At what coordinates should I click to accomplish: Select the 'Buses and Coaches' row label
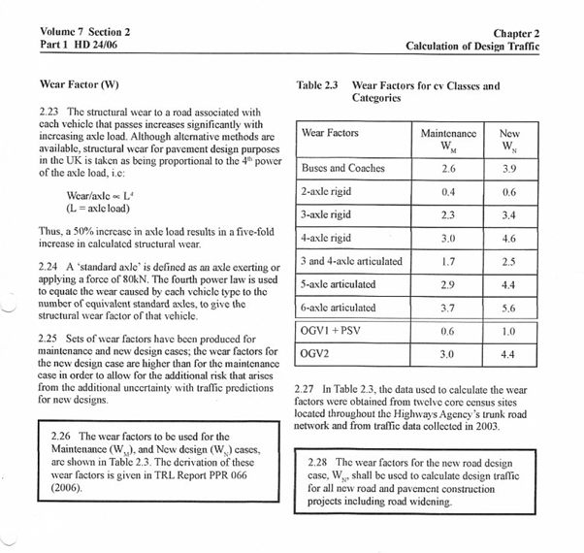pyautogui.click(x=343, y=168)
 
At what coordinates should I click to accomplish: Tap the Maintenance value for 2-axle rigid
pyautogui.click(x=448, y=192)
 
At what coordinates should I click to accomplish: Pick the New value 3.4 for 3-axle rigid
pyautogui.click(x=508, y=214)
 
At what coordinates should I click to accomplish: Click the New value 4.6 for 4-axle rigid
pyautogui.click(x=508, y=238)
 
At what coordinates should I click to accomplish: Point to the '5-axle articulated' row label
pyautogui.click(x=339, y=284)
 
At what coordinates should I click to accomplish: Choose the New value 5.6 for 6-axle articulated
pyautogui.click(x=508, y=308)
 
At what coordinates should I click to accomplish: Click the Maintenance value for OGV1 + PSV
pyautogui.click(x=448, y=331)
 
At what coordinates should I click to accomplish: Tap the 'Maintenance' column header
pyautogui.click(x=448, y=132)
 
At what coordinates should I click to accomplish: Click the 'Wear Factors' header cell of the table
pyautogui.click(x=330, y=132)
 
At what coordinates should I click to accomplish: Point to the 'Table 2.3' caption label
pyautogui.click(x=317, y=85)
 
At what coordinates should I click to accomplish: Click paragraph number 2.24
pyautogui.click(x=52, y=268)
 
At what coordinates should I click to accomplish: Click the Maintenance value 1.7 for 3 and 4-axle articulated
pyautogui.click(x=448, y=261)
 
